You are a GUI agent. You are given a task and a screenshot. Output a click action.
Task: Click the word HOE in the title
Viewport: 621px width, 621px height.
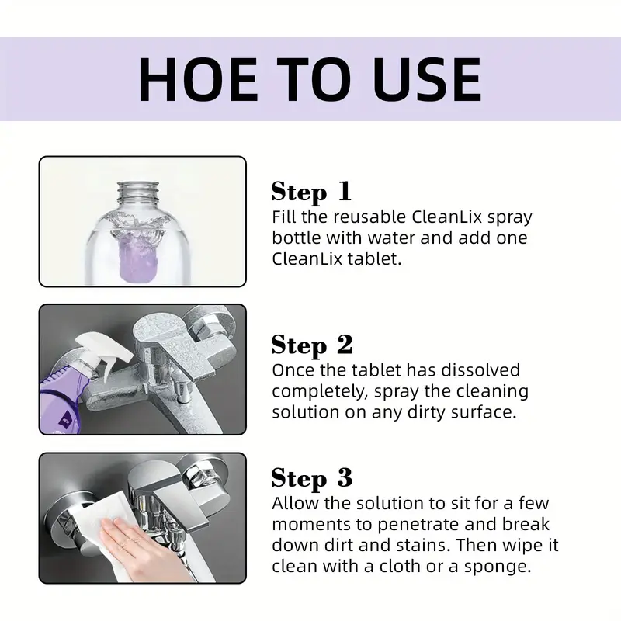[x=198, y=79]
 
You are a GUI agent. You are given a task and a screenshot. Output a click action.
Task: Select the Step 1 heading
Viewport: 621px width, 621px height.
[x=311, y=192]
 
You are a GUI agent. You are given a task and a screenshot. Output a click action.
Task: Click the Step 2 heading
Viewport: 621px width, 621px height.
[x=312, y=345]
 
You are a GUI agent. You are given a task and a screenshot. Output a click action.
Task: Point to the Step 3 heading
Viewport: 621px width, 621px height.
[x=312, y=478]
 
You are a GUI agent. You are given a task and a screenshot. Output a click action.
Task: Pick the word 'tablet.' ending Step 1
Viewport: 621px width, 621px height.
[x=374, y=259]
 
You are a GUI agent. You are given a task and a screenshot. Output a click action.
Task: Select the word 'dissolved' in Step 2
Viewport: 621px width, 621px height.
[x=480, y=370]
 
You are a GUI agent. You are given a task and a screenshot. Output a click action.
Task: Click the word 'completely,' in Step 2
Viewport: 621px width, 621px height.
[x=320, y=392]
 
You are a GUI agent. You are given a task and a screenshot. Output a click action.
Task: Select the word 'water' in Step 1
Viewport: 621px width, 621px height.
[x=391, y=238]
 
